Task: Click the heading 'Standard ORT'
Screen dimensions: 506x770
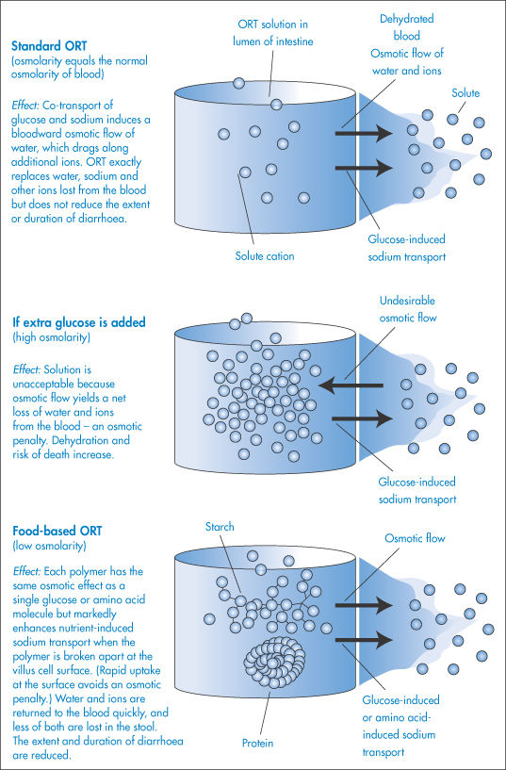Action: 49,46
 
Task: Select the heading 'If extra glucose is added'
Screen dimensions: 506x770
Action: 79,322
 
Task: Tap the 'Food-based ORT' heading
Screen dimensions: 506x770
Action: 57,531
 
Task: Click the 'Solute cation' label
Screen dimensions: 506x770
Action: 265,255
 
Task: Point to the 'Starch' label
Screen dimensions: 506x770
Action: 220,527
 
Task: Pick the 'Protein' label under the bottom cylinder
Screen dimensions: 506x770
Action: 258,743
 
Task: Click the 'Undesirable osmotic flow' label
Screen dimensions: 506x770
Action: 407,309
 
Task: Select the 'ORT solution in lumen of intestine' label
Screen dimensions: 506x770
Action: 273,33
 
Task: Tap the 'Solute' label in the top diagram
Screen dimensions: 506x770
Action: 465,93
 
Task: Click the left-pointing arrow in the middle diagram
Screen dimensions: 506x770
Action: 351,385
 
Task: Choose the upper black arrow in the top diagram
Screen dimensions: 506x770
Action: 364,133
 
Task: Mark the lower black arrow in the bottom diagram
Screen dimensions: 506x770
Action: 364,640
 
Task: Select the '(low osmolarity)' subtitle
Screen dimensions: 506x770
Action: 49,546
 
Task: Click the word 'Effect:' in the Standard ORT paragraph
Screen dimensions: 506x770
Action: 26,106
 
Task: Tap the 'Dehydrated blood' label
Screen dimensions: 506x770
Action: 407,27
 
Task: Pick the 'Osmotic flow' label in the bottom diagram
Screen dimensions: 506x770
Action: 415,538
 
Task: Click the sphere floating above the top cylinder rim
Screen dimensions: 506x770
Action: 239,84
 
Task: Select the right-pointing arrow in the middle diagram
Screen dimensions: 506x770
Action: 364,418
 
